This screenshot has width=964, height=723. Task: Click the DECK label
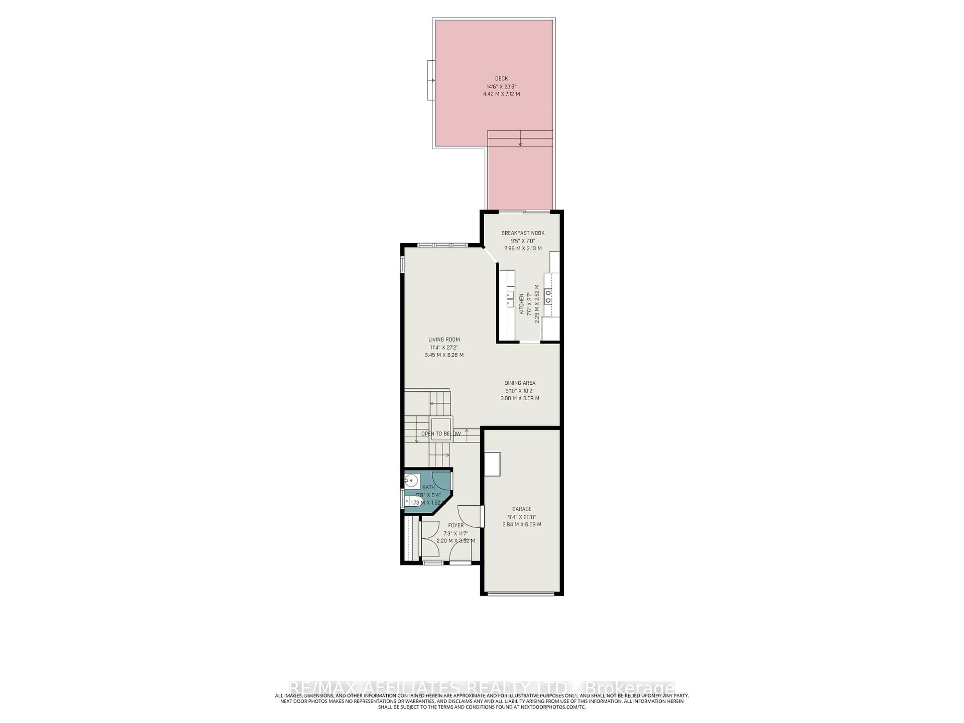tap(501, 78)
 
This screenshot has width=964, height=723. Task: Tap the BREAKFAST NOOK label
tap(522, 233)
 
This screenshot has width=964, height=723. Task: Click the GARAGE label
tap(522, 509)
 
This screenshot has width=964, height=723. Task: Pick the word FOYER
tap(456, 526)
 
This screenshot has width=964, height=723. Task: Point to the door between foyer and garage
tap(482, 516)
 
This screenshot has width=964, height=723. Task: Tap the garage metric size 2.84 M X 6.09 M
tap(522, 525)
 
